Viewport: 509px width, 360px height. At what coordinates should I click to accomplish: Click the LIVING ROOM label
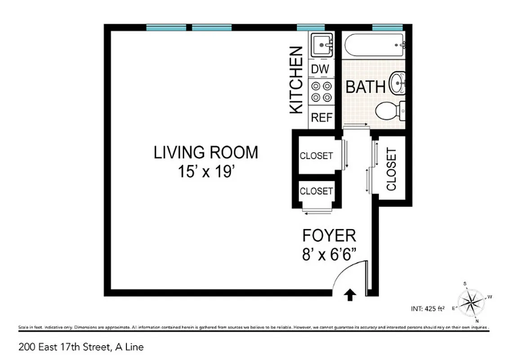206,153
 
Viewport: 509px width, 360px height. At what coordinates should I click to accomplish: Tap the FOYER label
329,235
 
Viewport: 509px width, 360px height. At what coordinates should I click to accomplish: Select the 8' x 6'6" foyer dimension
330,254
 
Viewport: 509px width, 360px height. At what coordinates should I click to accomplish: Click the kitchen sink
322,45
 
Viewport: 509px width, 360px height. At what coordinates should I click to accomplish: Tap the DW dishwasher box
321,69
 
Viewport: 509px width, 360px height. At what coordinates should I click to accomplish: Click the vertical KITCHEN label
296,80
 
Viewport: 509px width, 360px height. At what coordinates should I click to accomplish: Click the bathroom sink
397,83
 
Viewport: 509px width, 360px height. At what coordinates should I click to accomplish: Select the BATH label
365,87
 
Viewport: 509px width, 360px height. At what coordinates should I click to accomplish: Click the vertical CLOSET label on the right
391,169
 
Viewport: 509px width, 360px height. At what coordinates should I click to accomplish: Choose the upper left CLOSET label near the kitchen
316,156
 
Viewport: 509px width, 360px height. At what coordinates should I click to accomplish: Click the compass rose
471,299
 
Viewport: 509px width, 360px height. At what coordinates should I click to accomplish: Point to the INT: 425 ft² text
427,309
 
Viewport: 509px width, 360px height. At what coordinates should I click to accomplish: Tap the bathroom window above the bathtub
387,28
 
